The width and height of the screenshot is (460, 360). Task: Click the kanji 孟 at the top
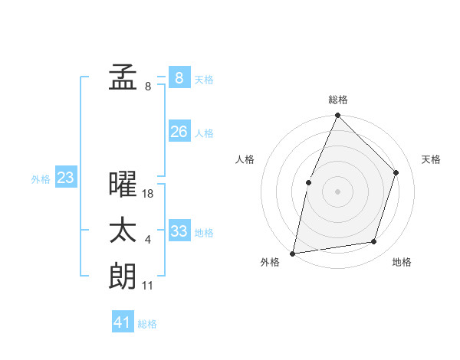pyautogui.click(x=123, y=78)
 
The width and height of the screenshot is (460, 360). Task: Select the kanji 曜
pyautogui.click(x=123, y=185)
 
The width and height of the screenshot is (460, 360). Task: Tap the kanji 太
pyautogui.click(x=123, y=231)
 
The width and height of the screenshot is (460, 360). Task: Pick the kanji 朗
pyautogui.click(x=123, y=276)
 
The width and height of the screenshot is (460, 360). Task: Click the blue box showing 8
pyautogui.click(x=179, y=77)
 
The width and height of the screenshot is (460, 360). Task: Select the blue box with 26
pyautogui.click(x=179, y=132)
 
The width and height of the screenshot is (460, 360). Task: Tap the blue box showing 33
pyautogui.click(x=179, y=231)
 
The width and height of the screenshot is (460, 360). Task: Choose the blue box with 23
pyautogui.click(x=65, y=178)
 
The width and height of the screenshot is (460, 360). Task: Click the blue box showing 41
pyautogui.click(x=123, y=322)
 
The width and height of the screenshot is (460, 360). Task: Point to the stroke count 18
pyautogui.click(x=148, y=194)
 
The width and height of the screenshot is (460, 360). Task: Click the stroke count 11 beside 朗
pyautogui.click(x=148, y=286)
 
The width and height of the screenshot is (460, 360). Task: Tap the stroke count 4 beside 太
pyautogui.click(x=148, y=241)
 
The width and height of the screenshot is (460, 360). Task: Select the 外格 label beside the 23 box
pyautogui.click(x=41, y=179)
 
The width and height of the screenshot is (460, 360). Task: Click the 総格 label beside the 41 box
pyautogui.click(x=147, y=324)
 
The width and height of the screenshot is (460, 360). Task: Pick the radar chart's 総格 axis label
pyautogui.click(x=338, y=100)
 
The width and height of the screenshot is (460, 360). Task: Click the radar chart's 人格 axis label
pyautogui.click(x=245, y=159)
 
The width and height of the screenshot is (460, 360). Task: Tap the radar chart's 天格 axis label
pyautogui.click(x=432, y=159)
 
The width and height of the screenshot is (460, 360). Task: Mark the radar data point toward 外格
pyautogui.click(x=293, y=253)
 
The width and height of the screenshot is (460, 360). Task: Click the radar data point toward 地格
pyautogui.click(x=374, y=241)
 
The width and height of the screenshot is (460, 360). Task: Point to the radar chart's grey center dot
pyautogui.click(x=337, y=191)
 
